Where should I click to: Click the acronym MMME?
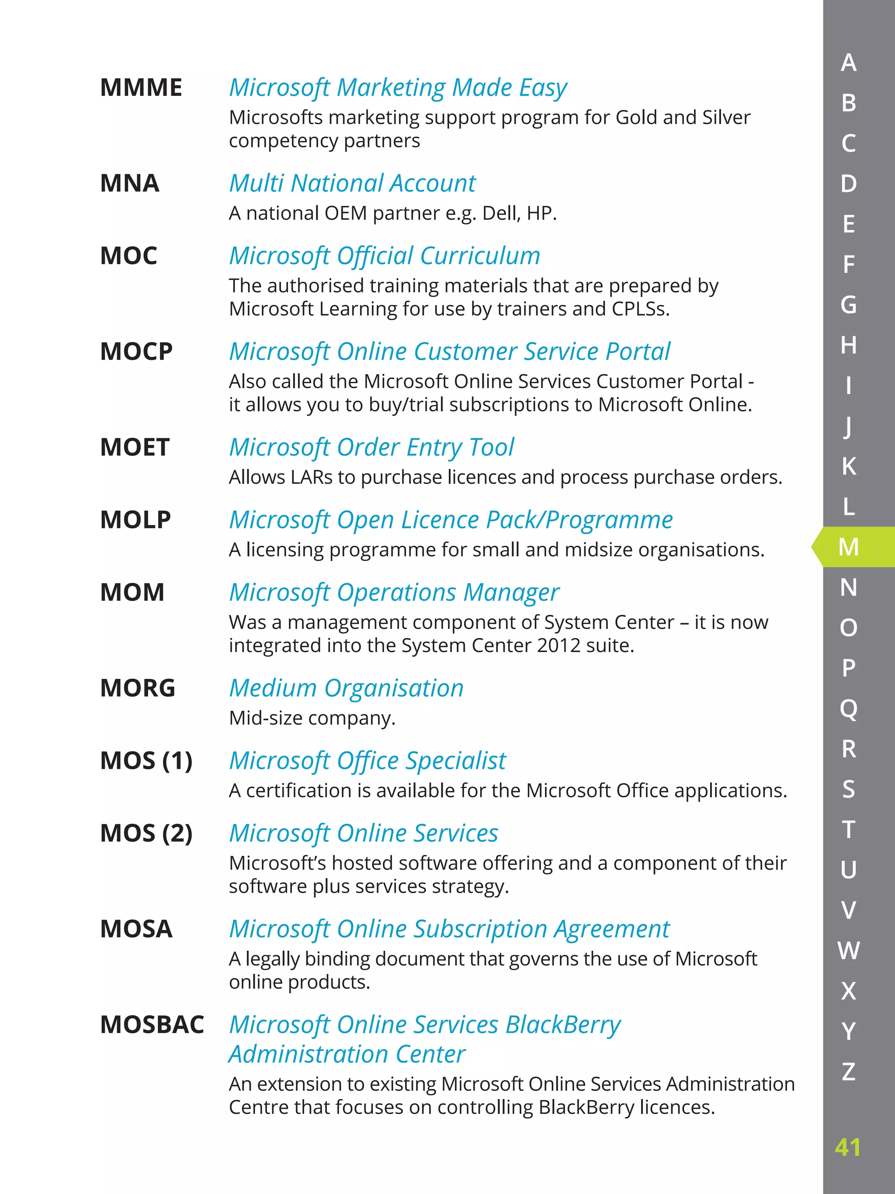click(141, 88)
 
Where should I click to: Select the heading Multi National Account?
click(352, 184)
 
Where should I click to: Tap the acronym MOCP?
click(136, 352)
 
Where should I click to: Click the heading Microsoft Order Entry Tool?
click(371, 447)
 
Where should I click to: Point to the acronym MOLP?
click(135, 520)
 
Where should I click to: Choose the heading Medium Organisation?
click(346, 688)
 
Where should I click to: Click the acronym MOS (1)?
click(146, 761)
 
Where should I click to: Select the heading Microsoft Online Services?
click(364, 834)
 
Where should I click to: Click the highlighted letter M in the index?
click(849, 547)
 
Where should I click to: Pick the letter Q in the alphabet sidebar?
click(849, 709)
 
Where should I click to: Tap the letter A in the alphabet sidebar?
click(849, 63)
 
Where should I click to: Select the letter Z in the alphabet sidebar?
click(849, 1072)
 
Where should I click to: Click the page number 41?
click(847, 1147)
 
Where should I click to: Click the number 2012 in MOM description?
click(559, 646)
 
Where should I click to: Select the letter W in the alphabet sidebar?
click(849, 950)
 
